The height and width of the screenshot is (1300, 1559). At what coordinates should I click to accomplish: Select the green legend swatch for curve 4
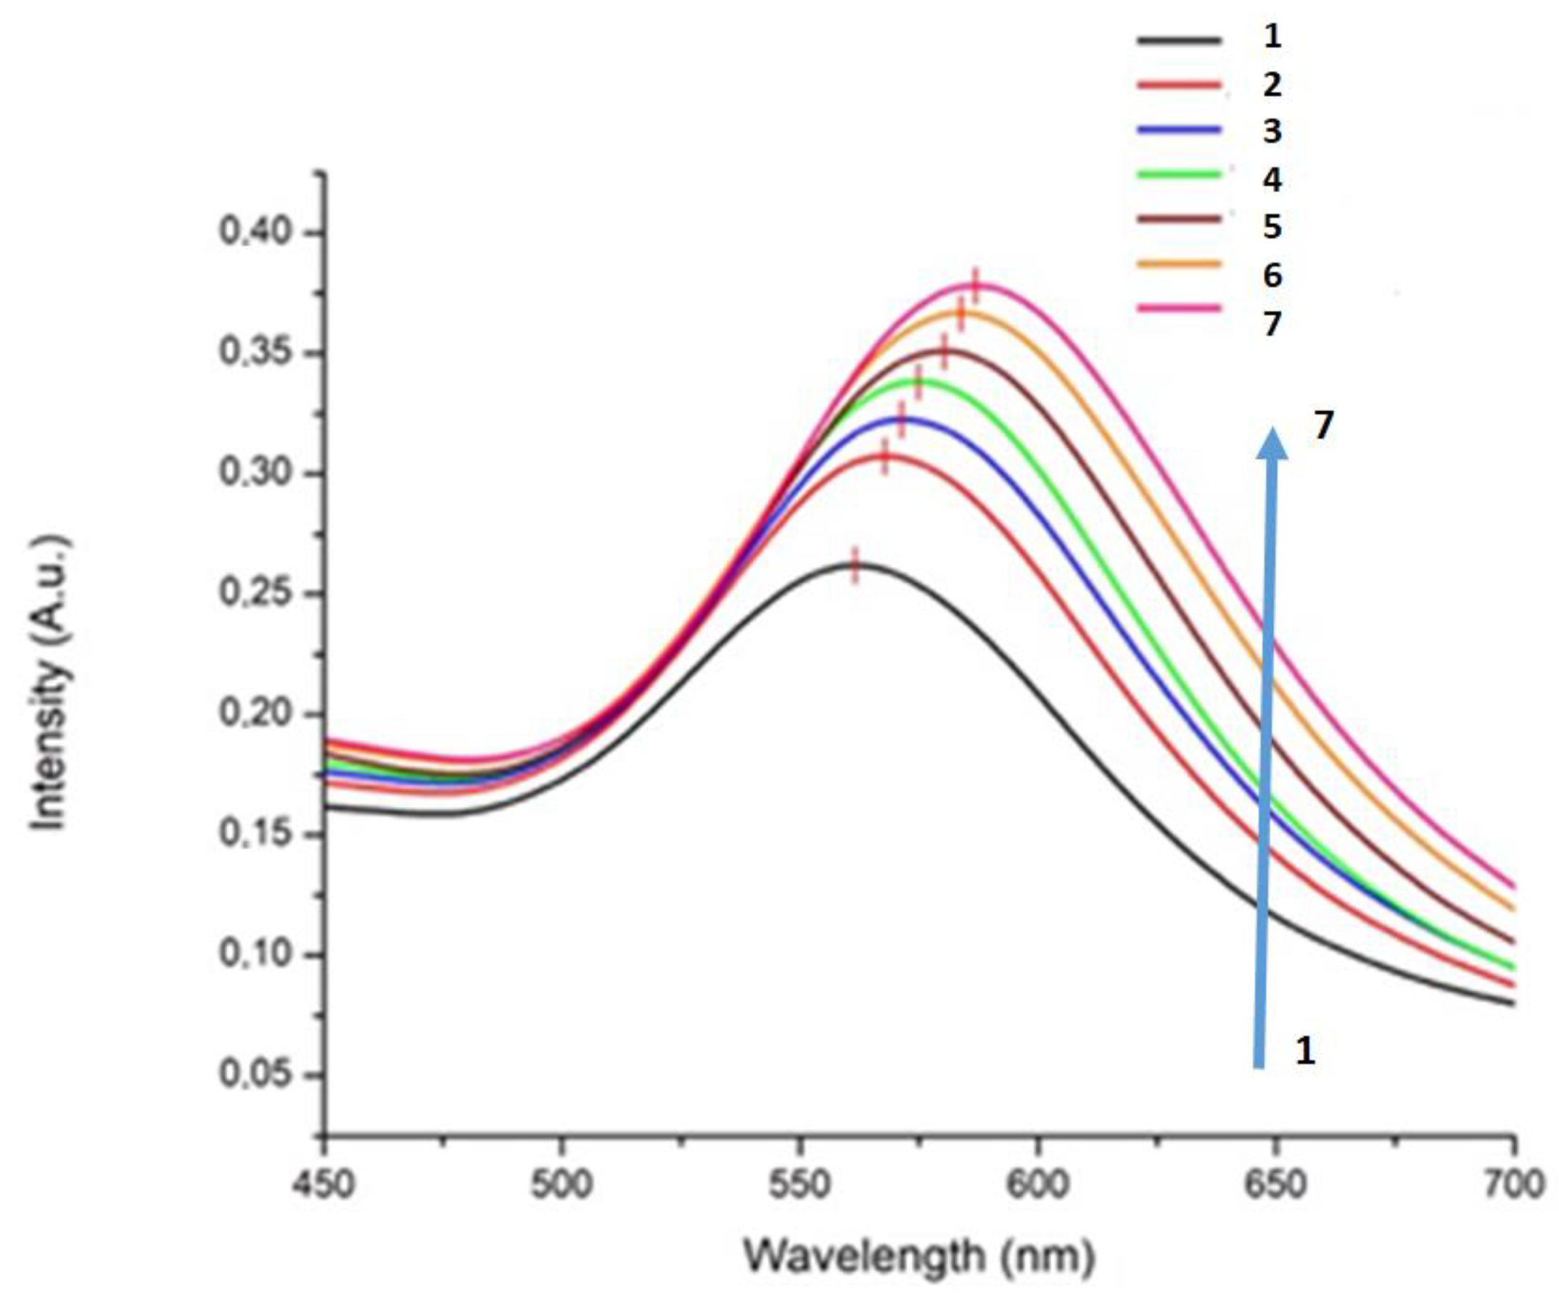[x=1179, y=173]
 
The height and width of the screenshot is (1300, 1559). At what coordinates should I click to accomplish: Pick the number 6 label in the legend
[x=1272, y=276]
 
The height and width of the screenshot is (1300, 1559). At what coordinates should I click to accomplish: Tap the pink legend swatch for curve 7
[x=1179, y=307]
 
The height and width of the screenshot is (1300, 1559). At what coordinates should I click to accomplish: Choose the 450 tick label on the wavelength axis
[x=324, y=1185]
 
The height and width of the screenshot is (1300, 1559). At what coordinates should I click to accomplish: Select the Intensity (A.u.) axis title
[x=52, y=683]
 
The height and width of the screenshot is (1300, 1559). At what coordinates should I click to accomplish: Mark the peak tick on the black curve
[x=855, y=566]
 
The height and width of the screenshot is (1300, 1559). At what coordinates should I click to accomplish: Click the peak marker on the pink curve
[x=976, y=286]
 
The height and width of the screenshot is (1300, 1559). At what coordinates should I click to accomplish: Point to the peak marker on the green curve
[x=918, y=383]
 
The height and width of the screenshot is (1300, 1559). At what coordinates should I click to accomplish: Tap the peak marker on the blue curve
[x=902, y=420]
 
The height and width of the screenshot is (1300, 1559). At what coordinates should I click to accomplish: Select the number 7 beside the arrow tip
[x=1324, y=426]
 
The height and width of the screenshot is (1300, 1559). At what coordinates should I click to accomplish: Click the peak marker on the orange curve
[x=961, y=315]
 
